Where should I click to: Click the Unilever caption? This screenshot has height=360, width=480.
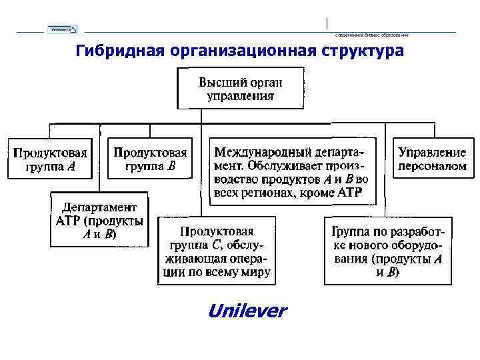[247, 311]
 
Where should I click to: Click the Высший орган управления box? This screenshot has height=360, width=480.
[240, 89]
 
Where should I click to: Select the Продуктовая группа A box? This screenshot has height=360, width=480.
[51, 159]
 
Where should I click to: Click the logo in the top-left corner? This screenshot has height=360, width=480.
[62, 29]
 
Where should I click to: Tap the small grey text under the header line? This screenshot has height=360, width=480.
[371, 35]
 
